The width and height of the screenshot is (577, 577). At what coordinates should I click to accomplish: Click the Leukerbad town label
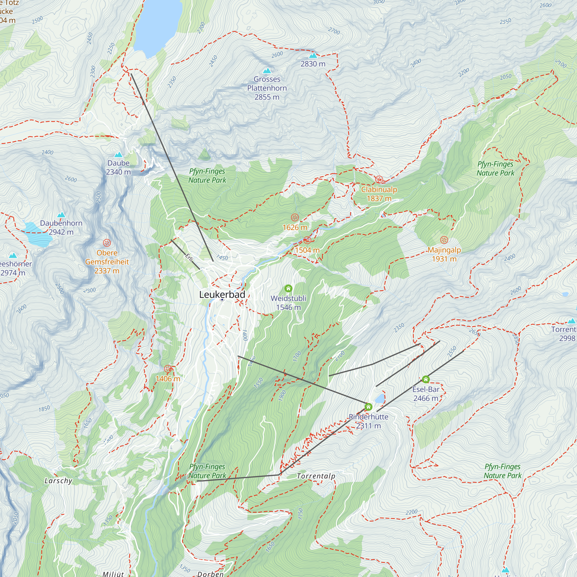(222, 295)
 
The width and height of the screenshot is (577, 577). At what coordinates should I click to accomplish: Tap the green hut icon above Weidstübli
(288, 288)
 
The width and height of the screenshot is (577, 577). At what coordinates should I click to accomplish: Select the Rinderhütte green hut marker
(368, 407)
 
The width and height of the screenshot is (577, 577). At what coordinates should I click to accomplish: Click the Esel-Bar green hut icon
(426, 379)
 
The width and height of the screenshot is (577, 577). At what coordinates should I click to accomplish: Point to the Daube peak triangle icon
(119, 155)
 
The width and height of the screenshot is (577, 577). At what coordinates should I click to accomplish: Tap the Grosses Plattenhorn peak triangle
(267, 71)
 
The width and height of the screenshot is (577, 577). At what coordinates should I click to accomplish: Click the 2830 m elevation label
(313, 64)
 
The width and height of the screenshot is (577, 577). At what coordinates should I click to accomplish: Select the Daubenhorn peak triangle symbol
(61, 215)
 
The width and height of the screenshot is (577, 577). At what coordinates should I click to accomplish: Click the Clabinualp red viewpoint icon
(379, 180)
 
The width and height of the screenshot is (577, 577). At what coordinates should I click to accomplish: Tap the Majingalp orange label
(444, 250)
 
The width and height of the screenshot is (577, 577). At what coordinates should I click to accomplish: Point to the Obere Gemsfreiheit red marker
(107, 243)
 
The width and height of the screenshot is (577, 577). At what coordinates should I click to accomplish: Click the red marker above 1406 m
(168, 368)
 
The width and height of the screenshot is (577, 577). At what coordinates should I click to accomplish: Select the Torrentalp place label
(316, 476)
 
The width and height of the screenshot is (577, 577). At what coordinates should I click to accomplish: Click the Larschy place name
(58, 481)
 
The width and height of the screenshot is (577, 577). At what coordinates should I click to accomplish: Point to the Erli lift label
(189, 257)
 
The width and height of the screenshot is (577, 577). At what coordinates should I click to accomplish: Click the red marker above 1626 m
(295, 218)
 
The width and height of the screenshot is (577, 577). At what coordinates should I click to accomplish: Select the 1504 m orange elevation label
(307, 250)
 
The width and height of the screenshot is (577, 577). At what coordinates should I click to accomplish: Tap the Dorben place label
(210, 574)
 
